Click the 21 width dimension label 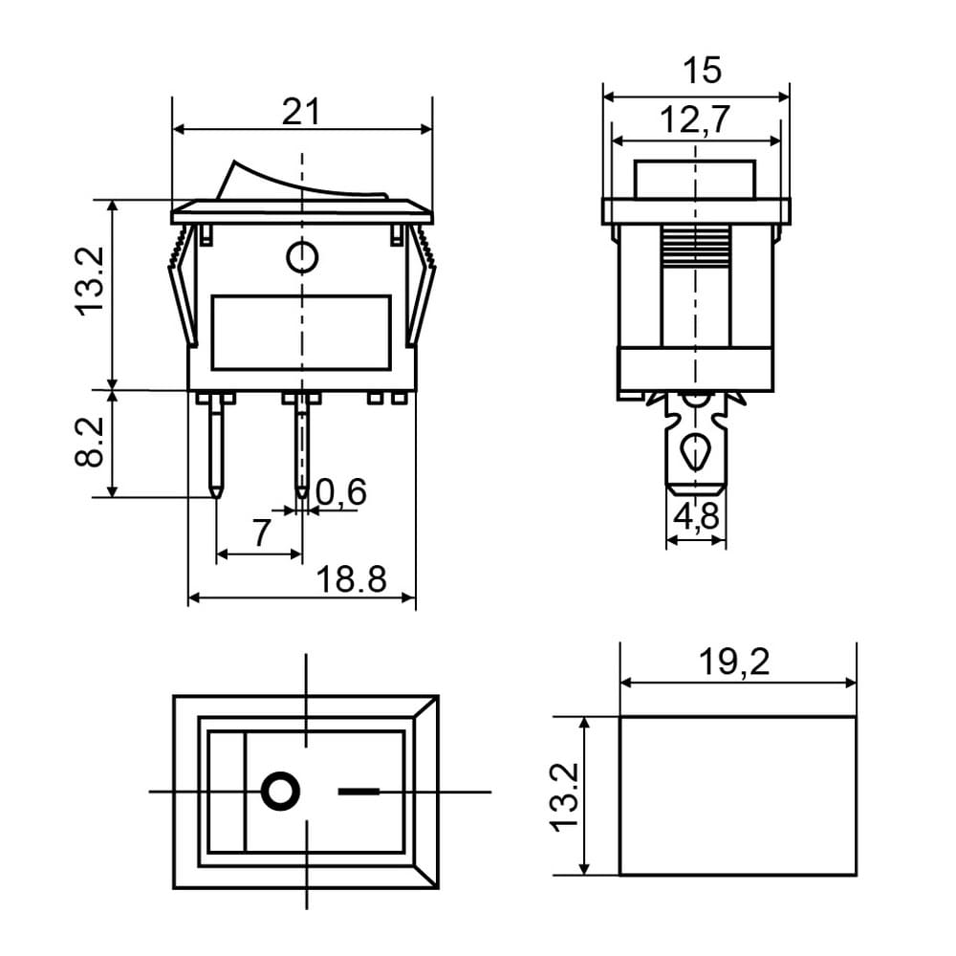301,112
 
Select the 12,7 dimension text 695,119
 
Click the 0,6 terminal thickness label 341,492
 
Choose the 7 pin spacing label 261,532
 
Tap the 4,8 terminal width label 696,516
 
